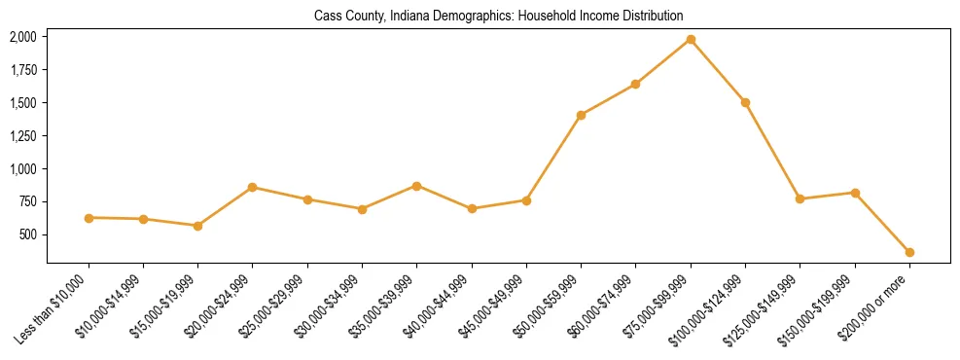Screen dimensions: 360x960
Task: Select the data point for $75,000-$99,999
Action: pyautogui.click(x=691, y=39)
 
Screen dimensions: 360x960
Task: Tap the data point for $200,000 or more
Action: pyautogui.click(x=909, y=252)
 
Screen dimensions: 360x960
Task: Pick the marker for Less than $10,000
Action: pyautogui.click(x=89, y=218)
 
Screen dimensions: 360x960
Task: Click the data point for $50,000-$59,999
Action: pyautogui.click(x=581, y=115)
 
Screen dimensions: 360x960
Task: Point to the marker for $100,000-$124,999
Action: pyautogui.click(x=745, y=102)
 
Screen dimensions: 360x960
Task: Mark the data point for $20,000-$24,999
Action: pyautogui.click(x=253, y=187)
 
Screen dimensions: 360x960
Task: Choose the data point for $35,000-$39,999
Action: pyautogui.click(x=416, y=185)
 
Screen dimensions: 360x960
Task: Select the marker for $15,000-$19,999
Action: pyautogui.click(x=198, y=226)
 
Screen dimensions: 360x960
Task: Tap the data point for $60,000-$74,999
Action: pyautogui.click(x=635, y=84)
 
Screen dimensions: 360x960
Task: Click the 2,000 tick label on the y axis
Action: pyautogui.click(x=23, y=37)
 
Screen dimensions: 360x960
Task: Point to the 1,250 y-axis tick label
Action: pyautogui.click(x=23, y=136)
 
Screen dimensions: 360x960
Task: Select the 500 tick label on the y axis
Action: pyautogui.click(x=28, y=235)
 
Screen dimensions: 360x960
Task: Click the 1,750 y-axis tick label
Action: pyautogui.click(x=23, y=70)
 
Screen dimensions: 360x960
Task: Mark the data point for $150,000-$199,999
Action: pyautogui.click(x=855, y=193)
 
